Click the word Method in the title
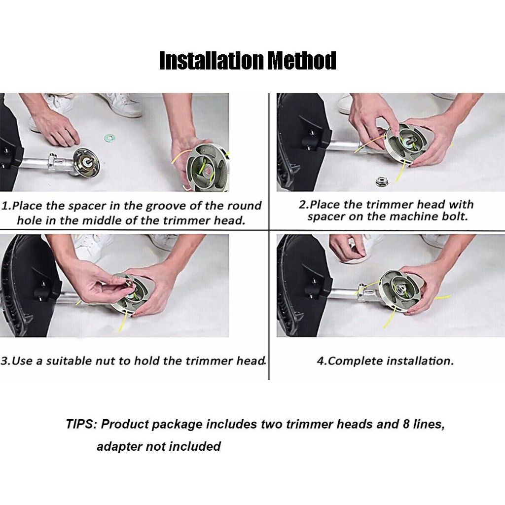coord(302,61)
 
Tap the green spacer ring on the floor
coord(109,138)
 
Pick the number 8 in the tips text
coord(406,424)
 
